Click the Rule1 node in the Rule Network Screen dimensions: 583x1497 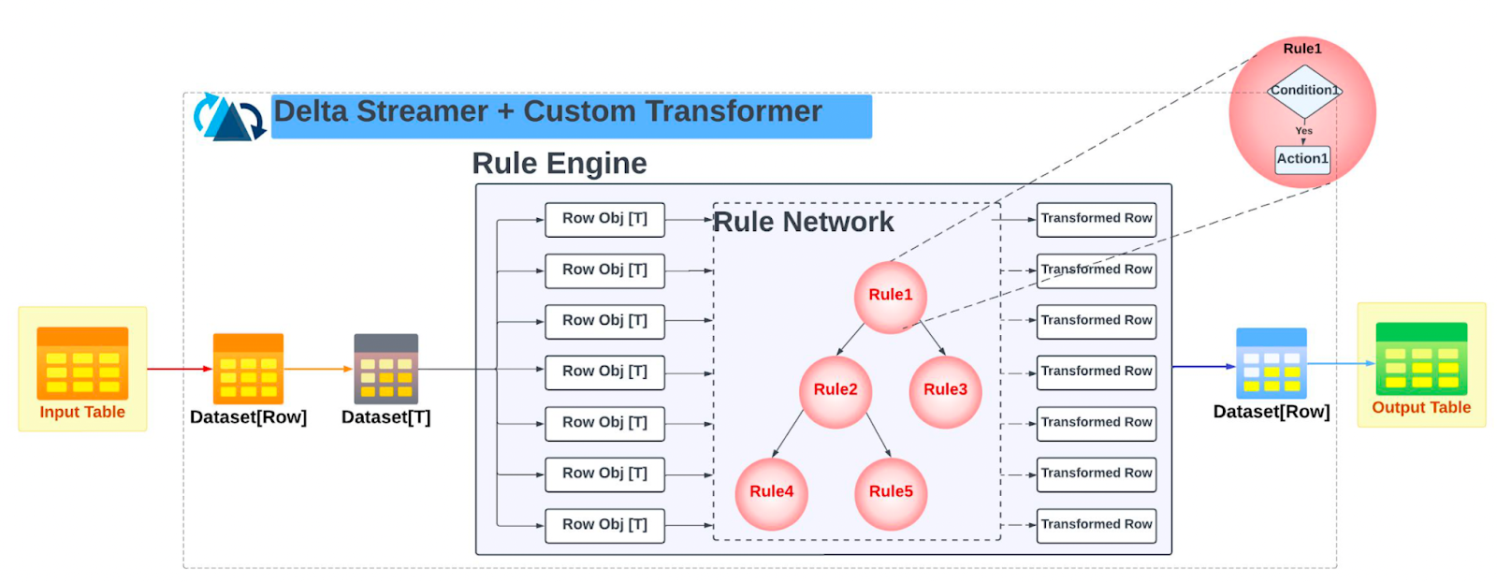pyautogui.click(x=890, y=296)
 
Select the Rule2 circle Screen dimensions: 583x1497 pyautogui.click(x=836, y=390)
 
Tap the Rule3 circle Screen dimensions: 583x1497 pyautogui.click(x=945, y=390)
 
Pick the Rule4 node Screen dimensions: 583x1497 pyautogui.click(x=771, y=492)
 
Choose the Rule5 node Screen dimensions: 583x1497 pyautogui.click(x=891, y=492)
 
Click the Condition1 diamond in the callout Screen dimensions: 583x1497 pyautogui.click(x=1303, y=91)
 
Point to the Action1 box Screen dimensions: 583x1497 pyautogui.click(x=1302, y=159)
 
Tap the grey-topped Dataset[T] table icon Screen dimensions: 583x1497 pyautogui.click(x=385, y=369)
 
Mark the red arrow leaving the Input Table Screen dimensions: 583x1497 pyautogui.click(x=180, y=369)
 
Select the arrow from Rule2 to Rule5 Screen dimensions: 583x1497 pyautogui.click(x=878, y=434)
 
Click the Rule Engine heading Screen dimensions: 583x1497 pyautogui.click(x=559, y=164)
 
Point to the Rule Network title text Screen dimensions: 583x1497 pyautogui.click(x=803, y=223)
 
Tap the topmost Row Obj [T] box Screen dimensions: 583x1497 pyautogui.click(x=604, y=219)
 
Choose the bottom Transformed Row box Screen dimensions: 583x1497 pyautogui.click(x=1096, y=525)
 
